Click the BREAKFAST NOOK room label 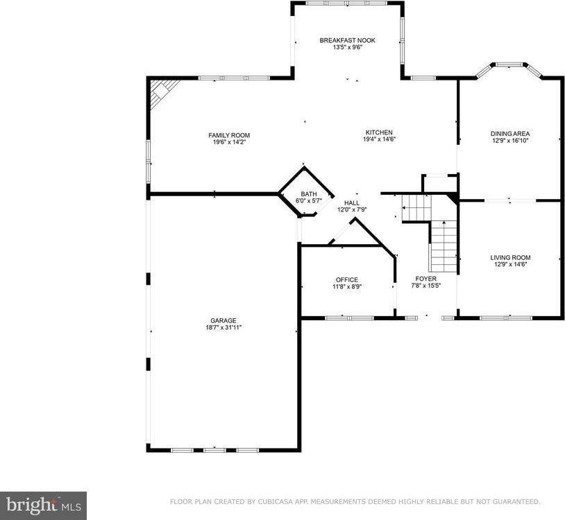coord(347,40)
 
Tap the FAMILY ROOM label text coord(229,135)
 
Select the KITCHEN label coord(380,132)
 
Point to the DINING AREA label coord(510,133)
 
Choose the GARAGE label coord(224,320)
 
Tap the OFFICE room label coord(346,279)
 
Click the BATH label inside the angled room coord(308,194)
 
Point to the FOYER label coord(425,278)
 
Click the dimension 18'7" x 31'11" coord(224,327)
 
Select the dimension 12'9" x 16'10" coord(510,140)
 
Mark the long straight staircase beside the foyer coord(444,246)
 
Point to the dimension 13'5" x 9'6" coord(347,48)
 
